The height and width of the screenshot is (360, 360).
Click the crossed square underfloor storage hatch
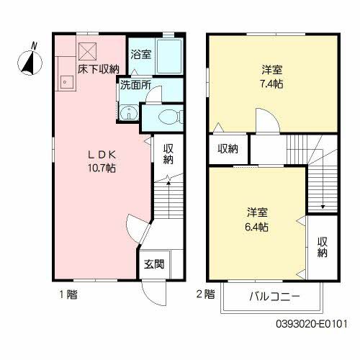[x=88, y=50]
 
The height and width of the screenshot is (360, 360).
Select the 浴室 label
[x=140, y=54]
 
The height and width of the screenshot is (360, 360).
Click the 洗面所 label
[x=135, y=84]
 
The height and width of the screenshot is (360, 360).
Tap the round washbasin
[x=127, y=112]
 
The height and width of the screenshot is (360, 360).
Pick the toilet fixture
[x=161, y=119]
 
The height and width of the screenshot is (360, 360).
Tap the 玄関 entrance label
[x=152, y=264]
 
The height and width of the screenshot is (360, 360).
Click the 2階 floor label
[x=204, y=294]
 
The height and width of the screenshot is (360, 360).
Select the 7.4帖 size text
[x=272, y=83]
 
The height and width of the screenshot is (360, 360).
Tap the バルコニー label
[x=275, y=297]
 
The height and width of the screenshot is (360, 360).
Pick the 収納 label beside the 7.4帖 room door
[x=228, y=149]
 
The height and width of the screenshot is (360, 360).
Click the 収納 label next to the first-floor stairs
[x=168, y=154]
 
